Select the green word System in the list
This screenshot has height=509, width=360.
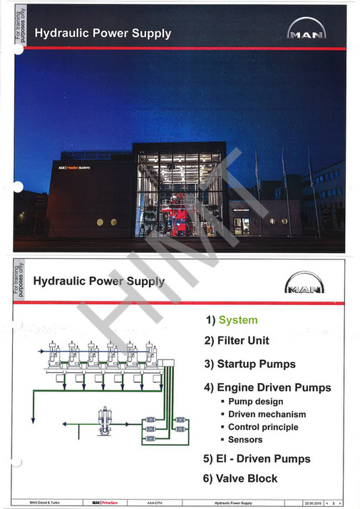tap(238, 320)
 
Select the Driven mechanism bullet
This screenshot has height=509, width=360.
tap(267, 414)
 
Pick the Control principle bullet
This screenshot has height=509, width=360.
tap(263, 427)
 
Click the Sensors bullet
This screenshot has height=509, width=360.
tap(245, 440)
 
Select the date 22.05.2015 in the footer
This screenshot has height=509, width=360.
tap(314, 503)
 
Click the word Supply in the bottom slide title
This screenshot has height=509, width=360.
tap(143, 281)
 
